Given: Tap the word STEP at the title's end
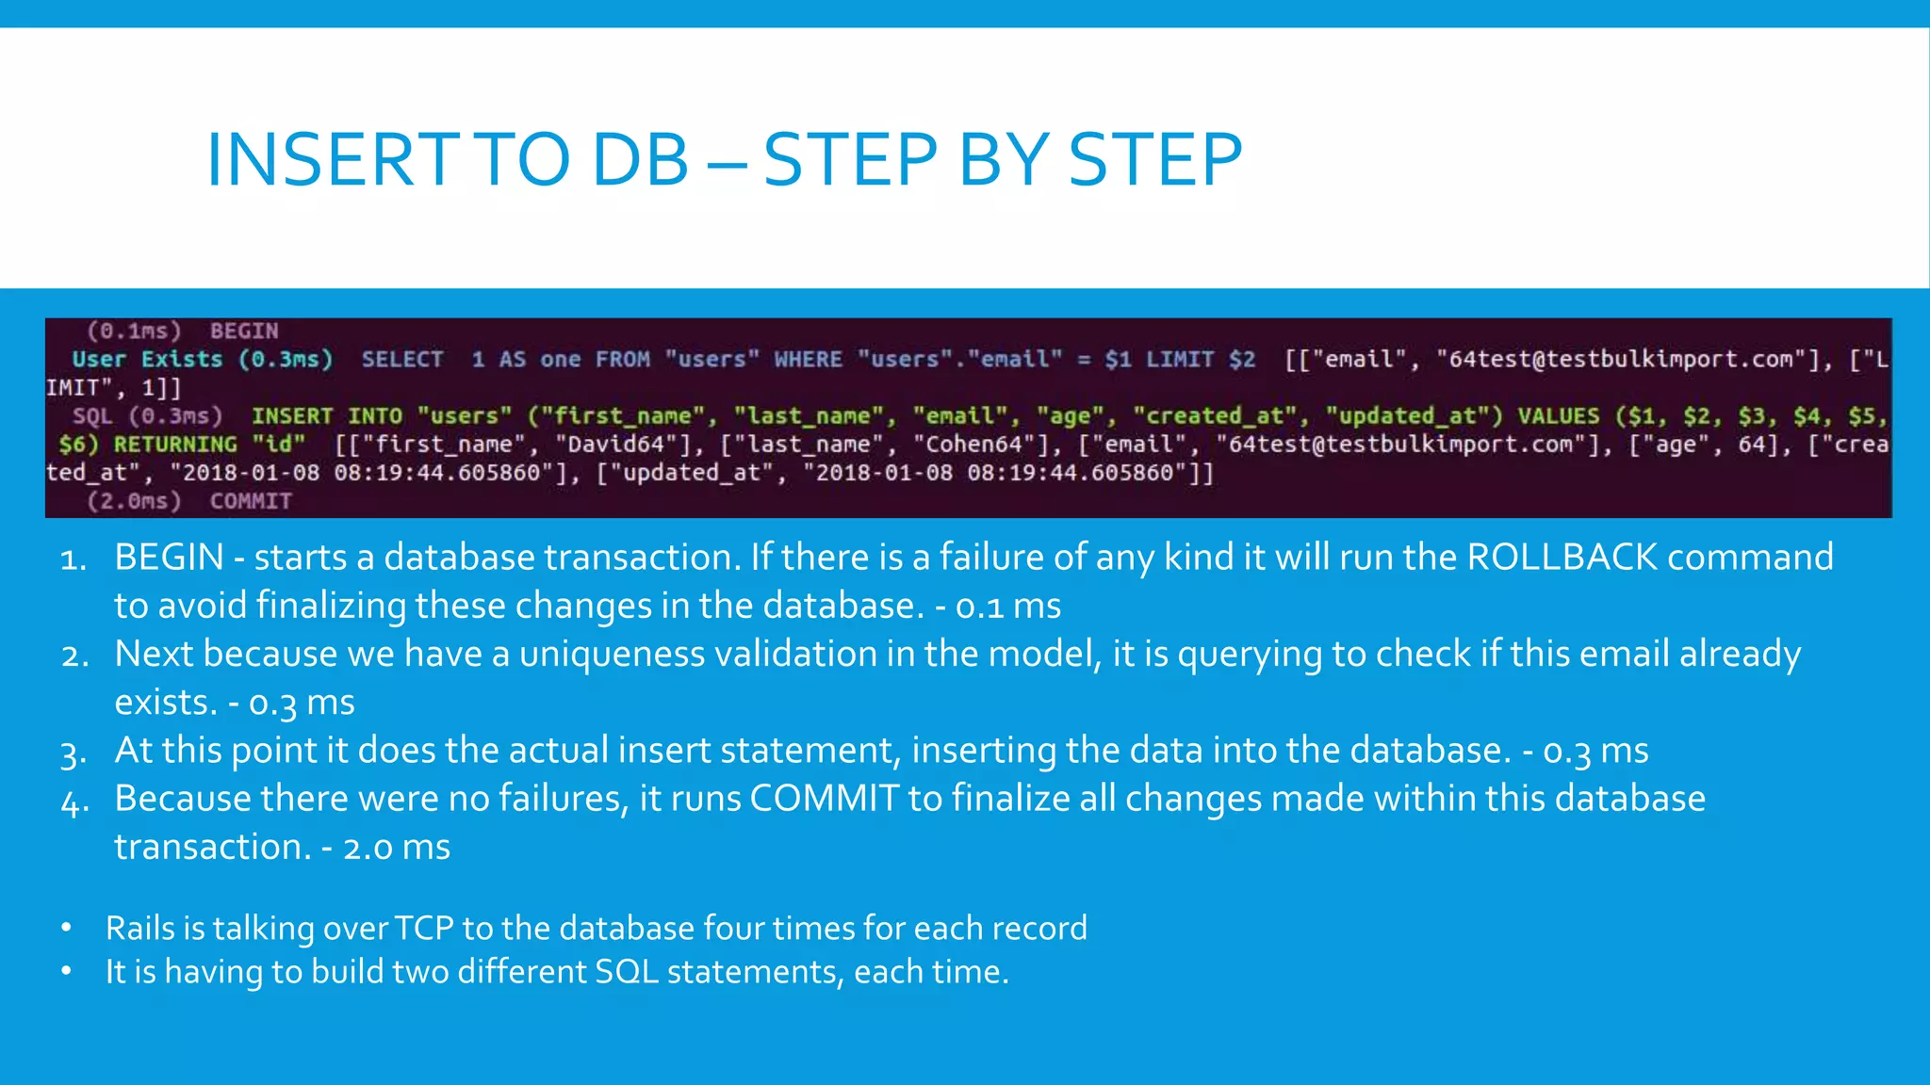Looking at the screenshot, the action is [1155, 160].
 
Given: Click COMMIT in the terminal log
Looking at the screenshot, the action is [251, 501].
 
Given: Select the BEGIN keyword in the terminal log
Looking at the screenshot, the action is [244, 332].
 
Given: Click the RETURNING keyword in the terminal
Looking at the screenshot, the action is [175, 445].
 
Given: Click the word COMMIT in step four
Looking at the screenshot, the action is [825, 799].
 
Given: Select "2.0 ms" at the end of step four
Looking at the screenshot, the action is [397, 848].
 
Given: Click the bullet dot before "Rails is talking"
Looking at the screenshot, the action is [66, 928].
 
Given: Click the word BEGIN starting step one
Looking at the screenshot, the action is [169, 558].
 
